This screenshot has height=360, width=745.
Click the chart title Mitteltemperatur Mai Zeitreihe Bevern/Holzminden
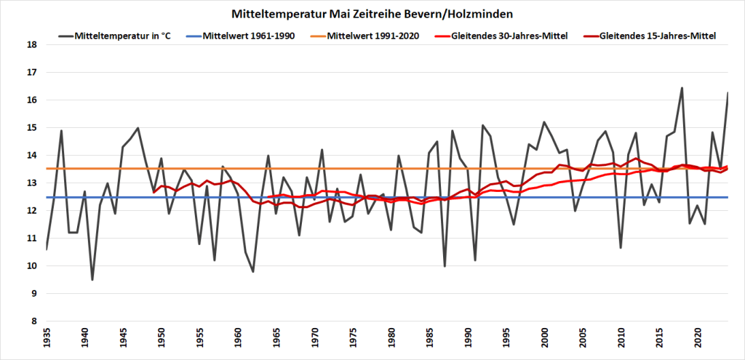[372, 14]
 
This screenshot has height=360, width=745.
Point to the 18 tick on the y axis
[31, 44]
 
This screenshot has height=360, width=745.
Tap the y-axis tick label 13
[31, 183]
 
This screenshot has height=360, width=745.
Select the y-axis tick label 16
[31, 100]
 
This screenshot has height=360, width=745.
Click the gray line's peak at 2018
[682, 88]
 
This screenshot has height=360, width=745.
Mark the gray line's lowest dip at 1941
[92, 279]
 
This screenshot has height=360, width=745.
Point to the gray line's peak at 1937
[61, 131]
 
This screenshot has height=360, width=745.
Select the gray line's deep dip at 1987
[445, 266]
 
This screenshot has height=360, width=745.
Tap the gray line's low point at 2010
[621, 248]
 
